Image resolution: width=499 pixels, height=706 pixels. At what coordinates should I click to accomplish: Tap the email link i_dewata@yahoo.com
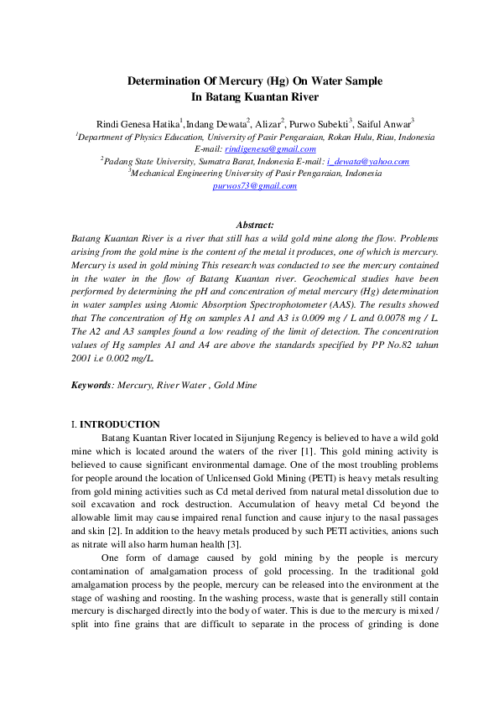(367, 161)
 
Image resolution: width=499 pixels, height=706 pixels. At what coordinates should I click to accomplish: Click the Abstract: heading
(255, 225)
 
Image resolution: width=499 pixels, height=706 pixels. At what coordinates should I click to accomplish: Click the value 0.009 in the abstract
(314, 319)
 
